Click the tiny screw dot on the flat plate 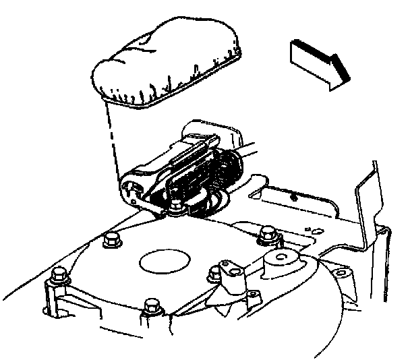tap(295, 197)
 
